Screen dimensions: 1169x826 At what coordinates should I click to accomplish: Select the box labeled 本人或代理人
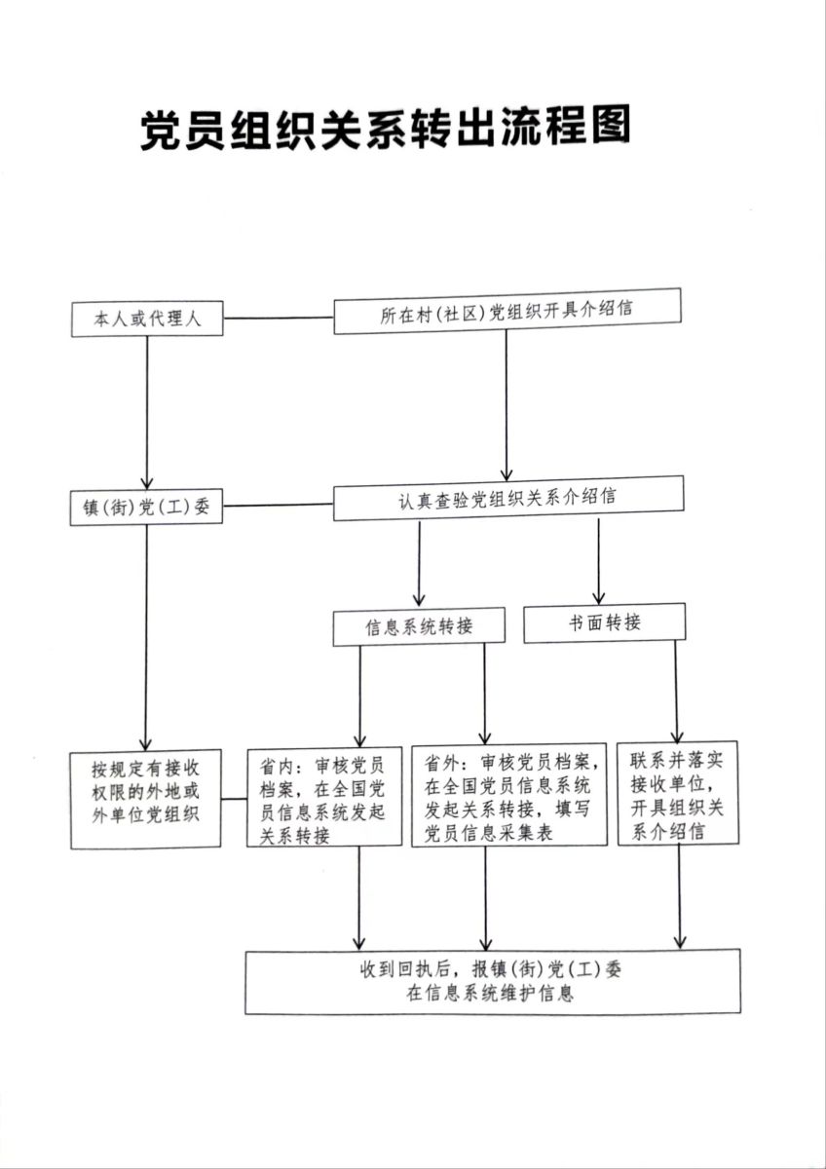[x=147, y=320]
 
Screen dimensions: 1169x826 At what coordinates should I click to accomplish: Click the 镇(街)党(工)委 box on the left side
[x=147, y=508]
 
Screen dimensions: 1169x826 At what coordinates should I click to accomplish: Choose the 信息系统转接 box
[x=419, y=627]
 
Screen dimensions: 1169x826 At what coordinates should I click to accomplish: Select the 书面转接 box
[x=604, y=622]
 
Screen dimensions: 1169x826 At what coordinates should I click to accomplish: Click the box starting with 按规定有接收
[x=146, y=799]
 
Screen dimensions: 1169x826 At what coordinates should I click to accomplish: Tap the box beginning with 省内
[x=323, y=798]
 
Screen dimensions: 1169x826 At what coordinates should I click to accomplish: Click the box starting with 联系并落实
[x=677, y=793]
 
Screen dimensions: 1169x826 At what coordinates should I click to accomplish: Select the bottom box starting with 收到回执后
[x=493, y=982]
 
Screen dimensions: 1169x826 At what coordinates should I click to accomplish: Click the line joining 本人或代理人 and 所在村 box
[x=279, y=318]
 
